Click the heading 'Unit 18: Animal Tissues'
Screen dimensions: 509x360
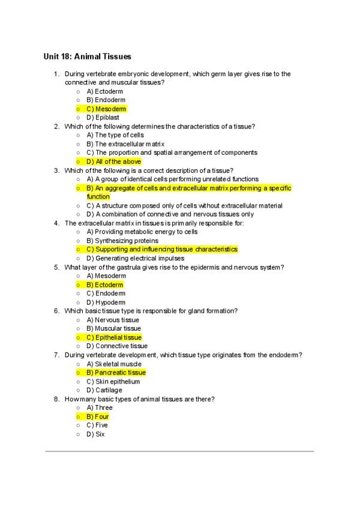87,57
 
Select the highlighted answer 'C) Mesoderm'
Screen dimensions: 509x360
106,109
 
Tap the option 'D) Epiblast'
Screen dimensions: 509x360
103,118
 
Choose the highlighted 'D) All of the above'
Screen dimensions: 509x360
113,161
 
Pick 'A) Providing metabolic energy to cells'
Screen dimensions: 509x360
142,232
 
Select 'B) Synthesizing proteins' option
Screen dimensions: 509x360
122,241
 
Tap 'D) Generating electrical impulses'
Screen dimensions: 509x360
136,258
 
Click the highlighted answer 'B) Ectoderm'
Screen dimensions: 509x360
105,285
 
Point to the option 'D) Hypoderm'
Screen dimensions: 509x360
105,303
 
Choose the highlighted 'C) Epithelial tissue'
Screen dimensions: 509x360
114,337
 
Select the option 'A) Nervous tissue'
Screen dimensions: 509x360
113,320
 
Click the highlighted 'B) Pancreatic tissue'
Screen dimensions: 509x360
116,373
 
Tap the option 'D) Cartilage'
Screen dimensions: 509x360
104,390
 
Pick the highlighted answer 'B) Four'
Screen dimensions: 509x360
98,417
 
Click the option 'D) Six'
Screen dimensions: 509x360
95,434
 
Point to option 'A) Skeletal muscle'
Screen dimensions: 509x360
114,364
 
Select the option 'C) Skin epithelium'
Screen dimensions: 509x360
113,381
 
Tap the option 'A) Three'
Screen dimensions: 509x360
99,408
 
